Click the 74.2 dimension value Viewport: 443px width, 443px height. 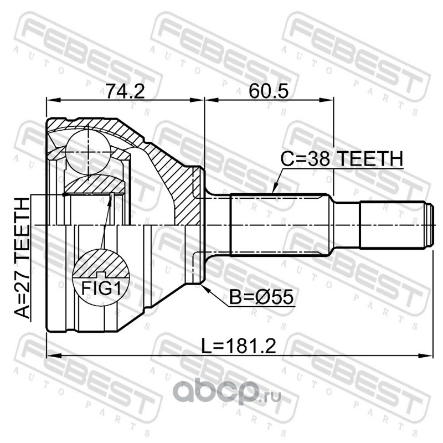[125, 91]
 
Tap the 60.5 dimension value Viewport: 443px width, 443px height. [269, 91]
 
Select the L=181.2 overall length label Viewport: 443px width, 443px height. [239, 346]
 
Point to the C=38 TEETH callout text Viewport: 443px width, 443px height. [342, 158]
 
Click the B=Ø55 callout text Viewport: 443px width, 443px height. [261, 297]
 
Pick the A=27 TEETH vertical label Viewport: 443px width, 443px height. [22, 258]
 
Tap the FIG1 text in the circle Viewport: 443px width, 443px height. [101, 289]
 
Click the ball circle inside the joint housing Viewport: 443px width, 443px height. [88, 152]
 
